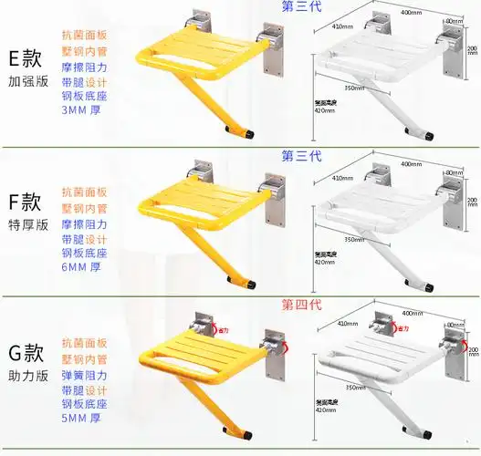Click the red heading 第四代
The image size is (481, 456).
301,305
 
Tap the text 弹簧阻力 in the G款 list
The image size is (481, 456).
84,376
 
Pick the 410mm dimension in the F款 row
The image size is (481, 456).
342,179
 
